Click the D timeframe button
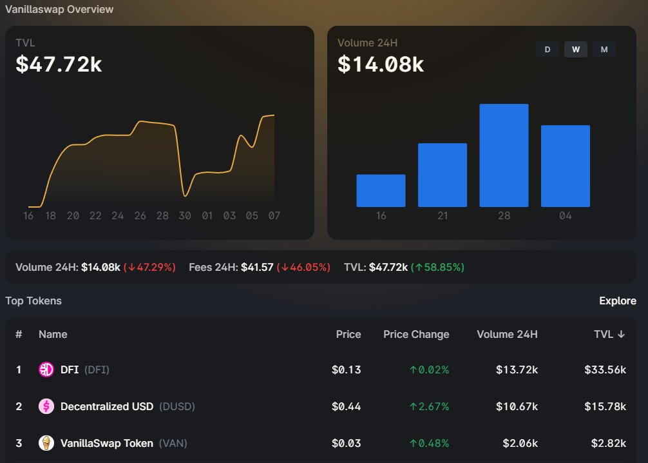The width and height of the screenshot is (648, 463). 547,50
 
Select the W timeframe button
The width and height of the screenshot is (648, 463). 576,50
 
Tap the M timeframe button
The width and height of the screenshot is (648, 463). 604,50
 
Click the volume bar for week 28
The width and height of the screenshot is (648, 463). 504,155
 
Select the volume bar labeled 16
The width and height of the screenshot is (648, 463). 381,191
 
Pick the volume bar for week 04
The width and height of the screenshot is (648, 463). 566,166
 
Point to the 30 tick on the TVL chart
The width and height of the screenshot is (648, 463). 185,215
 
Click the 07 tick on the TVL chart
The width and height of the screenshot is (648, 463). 274,215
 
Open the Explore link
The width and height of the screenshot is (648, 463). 618,300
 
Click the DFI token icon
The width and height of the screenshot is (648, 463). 46,369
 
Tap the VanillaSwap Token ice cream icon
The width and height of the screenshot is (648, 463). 46,443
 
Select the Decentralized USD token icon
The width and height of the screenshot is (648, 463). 46,406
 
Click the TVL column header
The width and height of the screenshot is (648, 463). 609,334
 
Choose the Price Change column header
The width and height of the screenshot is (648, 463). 416,334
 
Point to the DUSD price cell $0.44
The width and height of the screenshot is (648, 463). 347,406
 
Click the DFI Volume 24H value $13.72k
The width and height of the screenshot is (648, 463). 517,369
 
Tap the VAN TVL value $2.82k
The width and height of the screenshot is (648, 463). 608,443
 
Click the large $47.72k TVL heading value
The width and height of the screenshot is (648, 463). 59,64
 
